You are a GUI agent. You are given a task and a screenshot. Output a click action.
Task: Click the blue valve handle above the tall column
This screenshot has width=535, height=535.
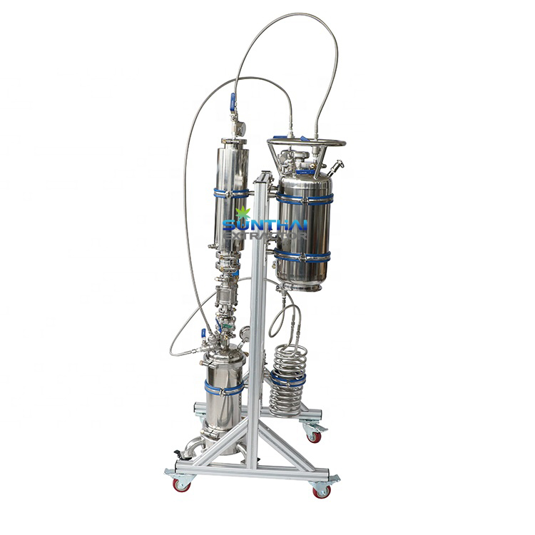(232, 102)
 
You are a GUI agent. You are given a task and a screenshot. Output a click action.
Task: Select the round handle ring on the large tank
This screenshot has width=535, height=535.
(306, 143)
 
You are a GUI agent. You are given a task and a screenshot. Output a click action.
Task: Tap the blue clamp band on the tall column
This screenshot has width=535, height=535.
(231, 193)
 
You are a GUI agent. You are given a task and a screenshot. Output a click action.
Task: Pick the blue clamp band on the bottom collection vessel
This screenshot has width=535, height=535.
(224, 389)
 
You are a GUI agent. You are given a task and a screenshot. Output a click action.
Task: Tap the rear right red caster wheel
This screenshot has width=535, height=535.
(314, 436)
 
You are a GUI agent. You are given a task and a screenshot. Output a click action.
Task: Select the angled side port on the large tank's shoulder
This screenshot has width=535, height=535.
(337, 168)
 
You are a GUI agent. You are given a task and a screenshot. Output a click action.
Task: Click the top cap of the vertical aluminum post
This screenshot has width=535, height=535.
(265, 175)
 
